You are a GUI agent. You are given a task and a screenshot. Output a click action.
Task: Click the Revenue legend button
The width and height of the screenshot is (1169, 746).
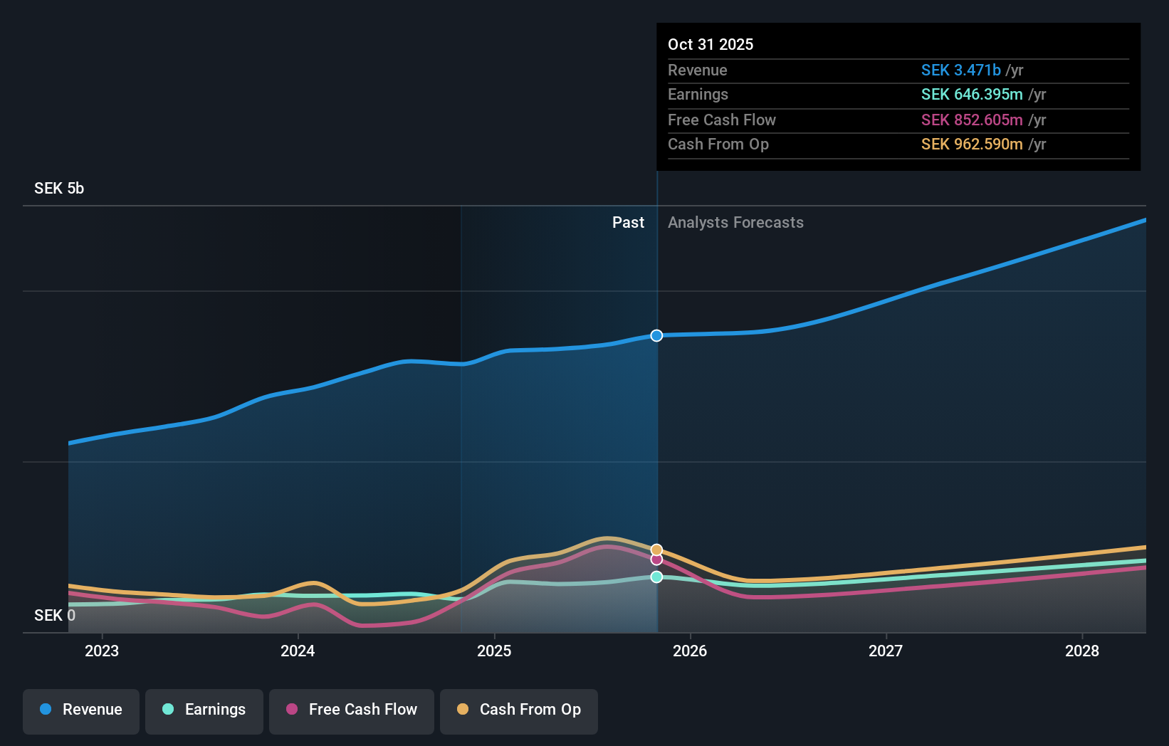(81, 710)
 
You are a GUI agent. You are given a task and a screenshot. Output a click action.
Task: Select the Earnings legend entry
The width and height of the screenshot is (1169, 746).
(204, 710)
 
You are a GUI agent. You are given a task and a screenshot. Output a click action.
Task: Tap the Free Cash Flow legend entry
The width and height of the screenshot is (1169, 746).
(352, 710)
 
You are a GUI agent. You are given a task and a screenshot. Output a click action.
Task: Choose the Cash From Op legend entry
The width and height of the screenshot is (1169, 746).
(519, 710)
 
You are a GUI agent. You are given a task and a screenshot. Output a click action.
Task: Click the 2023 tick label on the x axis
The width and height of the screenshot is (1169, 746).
(102, 651)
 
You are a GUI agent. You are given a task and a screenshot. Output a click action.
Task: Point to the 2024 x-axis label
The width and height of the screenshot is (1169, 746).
(298, 651)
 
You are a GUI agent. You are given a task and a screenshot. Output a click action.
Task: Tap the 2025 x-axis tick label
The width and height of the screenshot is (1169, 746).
(494, 651)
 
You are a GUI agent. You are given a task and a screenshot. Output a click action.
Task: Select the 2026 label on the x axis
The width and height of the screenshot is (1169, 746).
(690, 651)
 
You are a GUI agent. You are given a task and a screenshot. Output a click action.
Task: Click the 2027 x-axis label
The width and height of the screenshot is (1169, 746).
(886, 651)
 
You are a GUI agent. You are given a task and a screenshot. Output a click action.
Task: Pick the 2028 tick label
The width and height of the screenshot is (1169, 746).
(1081, 651)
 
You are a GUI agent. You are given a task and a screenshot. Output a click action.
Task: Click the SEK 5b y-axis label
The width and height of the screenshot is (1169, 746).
(59, 189)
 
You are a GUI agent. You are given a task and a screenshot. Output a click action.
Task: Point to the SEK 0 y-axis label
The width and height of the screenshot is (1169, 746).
(54, 616)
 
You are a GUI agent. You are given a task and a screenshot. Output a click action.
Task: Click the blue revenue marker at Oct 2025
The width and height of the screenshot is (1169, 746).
(656, 335)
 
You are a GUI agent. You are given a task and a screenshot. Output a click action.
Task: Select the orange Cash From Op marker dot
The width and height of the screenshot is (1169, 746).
(656, 550)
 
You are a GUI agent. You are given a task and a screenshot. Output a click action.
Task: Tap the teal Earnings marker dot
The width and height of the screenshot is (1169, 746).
(656, 577)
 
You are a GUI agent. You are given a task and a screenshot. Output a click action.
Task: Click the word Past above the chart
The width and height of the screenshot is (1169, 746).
(628, 223)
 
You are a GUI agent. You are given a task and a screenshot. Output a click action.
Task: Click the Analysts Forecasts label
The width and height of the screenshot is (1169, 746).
(735, 223)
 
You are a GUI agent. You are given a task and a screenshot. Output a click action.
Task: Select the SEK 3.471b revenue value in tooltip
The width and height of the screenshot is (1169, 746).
(961, 70)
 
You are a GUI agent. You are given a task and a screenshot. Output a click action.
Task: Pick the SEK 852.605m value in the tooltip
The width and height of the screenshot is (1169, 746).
(972, 120)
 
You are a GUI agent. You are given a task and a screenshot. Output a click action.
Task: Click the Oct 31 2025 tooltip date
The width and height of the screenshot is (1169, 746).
(711, 45)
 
